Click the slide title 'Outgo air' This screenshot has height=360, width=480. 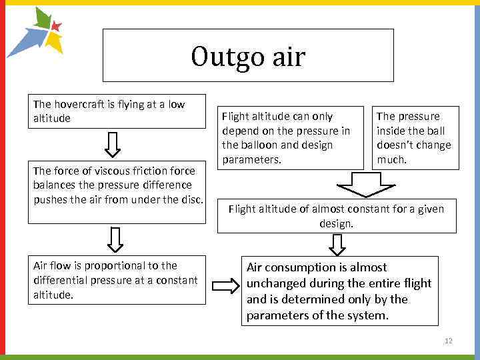(x=248, y=57)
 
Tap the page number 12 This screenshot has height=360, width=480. (x=449, y=341)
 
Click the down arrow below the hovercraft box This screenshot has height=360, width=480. (x=113, y=143)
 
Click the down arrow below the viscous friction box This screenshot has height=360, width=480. (x=115, y=239)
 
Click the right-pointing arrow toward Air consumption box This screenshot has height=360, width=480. (x=225, y=287)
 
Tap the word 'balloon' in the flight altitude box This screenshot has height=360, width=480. (x=257, y=145)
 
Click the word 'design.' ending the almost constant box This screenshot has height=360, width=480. (x=336, y=223)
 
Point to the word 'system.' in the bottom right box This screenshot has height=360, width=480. (x=368, y=315)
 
